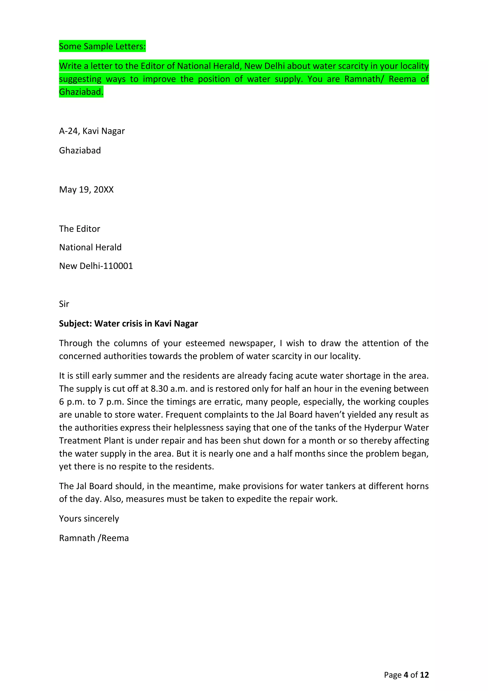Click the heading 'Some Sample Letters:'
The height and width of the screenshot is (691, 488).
tap(102, 46)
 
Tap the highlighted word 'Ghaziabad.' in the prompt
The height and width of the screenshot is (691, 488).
tap(81, 92)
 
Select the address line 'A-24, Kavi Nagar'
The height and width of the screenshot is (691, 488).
tap(92, 131)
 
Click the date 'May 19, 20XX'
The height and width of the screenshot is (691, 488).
tap(86, 190)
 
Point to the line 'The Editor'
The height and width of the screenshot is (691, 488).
tap(79, 229)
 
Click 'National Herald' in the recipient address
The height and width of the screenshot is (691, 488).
tap(90, 247)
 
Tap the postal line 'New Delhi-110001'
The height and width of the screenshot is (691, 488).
tap(96, 266)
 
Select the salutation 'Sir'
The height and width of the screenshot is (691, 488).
tap(64, 304)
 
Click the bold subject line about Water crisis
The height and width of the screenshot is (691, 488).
tap(128, 324)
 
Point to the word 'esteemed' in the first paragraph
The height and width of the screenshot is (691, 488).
tap(205, 343)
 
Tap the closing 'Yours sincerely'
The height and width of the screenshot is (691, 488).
tap(89, 518)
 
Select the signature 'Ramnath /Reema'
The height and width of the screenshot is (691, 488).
tap(94, 538)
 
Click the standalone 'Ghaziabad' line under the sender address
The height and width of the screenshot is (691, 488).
tap(80, 151)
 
